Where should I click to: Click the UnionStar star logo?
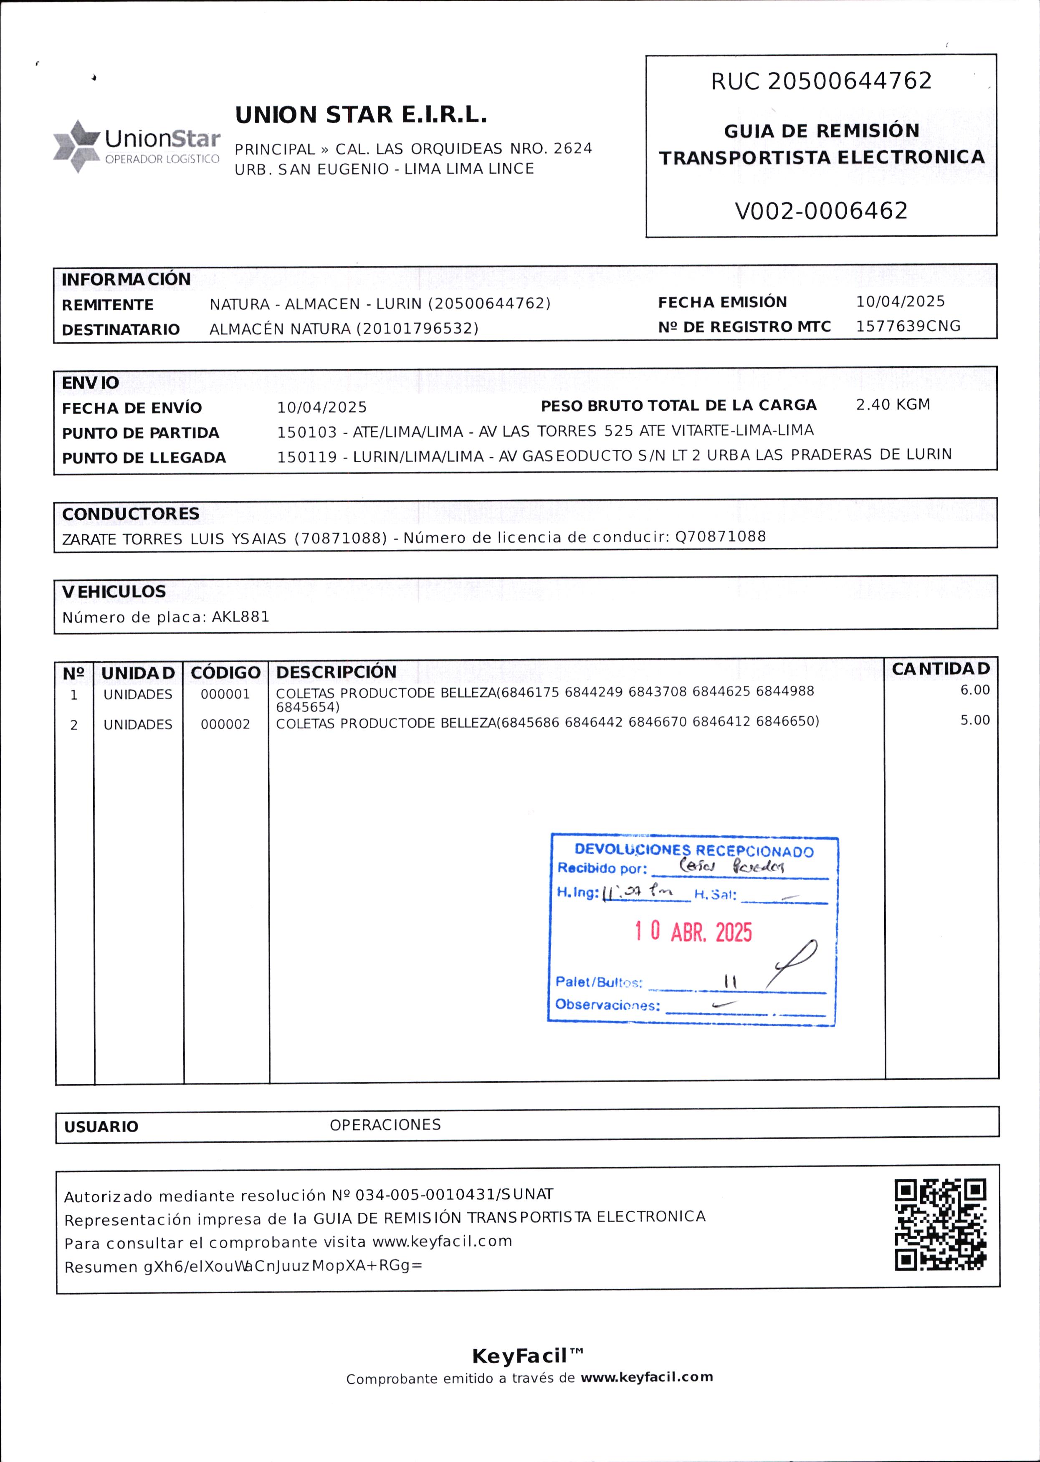tap(76, 146)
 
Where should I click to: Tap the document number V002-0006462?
tap(821, 211)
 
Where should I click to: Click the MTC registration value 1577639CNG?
tap(908, 326)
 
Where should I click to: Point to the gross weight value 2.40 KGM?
tap(893, 405)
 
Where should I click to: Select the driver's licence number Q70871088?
tap(721, 536)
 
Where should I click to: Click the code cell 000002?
tap(225, 724)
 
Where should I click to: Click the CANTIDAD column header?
tap(941, 669)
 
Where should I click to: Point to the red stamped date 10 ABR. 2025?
tap(693, 932)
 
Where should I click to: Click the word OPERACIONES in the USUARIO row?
tap(385, 1125)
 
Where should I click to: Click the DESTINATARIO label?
tap(120, 330)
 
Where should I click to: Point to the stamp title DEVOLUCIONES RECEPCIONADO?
tap(693, 850)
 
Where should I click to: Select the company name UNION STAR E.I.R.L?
tap(361, 115)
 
